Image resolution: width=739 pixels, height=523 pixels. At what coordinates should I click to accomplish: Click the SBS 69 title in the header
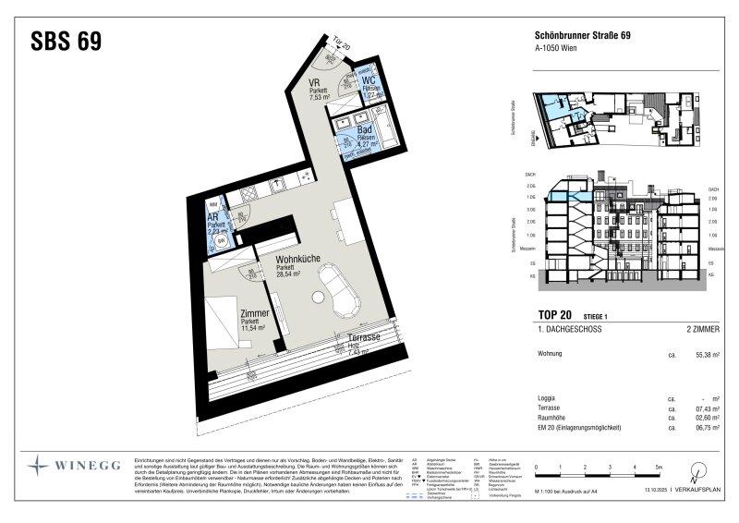[x=66, y=42]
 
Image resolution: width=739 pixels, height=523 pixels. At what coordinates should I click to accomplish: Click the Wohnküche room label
[x=297, y=261]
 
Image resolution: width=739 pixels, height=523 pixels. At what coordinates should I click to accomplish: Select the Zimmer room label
[x=254, y=313]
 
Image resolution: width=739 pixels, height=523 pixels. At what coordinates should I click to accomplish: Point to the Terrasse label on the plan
[x=365, y=338]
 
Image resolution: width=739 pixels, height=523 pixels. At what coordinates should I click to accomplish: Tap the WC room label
[x=369, y=81]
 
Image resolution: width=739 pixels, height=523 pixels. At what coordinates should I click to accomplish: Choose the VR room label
[x=315, y=81]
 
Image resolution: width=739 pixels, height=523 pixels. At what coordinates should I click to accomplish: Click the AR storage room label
[x=212, y=217]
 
